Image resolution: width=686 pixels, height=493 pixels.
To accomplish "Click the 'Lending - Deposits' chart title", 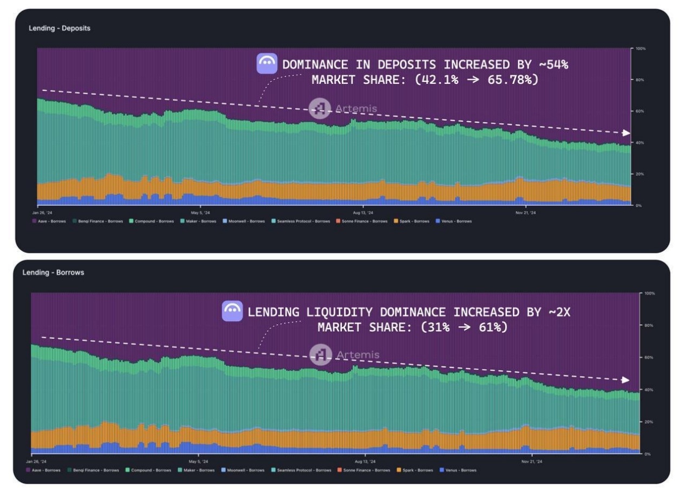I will click(x=60, y=28).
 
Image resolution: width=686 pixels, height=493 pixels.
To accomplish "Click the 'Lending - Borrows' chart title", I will click(x=53, y=272).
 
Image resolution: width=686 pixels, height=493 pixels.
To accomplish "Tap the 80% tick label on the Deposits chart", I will click(x=640, y=80).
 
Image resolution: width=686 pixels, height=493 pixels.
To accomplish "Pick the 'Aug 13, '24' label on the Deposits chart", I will click(x=362, y=212).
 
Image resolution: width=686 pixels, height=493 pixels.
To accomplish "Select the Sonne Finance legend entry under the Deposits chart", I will click(x=362, y=221).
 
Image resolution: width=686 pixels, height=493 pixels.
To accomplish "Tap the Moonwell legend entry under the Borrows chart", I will click(x=243, y=470).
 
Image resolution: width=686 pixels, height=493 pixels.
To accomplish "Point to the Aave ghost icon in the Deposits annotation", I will click(x=267, y=63).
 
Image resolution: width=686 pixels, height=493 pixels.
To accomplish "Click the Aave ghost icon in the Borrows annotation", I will click(x=232, y=311).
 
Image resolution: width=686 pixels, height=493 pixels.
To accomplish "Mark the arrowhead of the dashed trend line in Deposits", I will click(x=626, y=133).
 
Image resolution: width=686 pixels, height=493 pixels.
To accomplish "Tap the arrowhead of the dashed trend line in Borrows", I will click(x=625, y=380).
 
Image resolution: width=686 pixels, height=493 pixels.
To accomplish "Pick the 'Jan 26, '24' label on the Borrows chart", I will click(x=36, y=462).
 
